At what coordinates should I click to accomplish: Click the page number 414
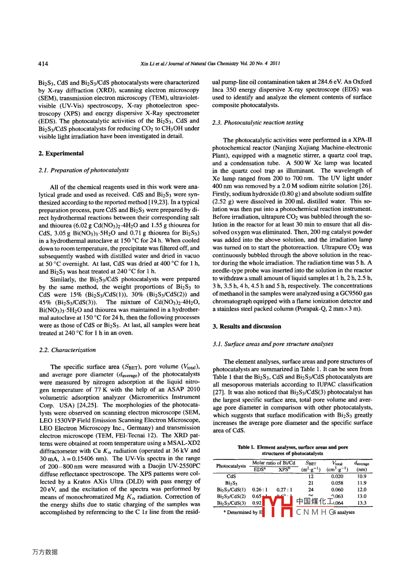click(x=43, y=64)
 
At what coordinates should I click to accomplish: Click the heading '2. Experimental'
click(x=61, y=153)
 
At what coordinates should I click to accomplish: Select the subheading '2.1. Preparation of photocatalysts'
click(x=84, y=170)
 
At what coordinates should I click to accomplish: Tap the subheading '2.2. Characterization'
click(x=67, y=350)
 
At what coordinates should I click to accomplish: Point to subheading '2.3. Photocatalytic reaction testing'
click(x=257, y=123)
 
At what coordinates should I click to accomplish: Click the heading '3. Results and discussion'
click(x=247, y=327)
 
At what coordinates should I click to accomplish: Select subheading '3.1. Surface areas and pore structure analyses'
click(x=273, y=344)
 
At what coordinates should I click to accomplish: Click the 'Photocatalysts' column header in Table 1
click(x=231, y=466)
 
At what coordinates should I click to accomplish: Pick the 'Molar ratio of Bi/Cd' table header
click(x=274, y=463)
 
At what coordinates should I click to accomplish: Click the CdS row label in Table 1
click(x=231, y=476)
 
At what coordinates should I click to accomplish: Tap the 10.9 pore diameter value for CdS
click(x=361, y=476)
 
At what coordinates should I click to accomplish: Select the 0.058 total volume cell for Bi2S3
click(x=337, y=483)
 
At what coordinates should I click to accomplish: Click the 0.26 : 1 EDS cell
click(x=260, y=490)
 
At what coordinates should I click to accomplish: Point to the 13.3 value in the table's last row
click(x=361, y=503)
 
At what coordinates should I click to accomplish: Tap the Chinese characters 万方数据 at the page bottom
click(x=45, y=552)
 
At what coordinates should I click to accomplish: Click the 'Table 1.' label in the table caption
click(x=246, y=447)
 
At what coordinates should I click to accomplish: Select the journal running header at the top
click(x=210, y=64)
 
